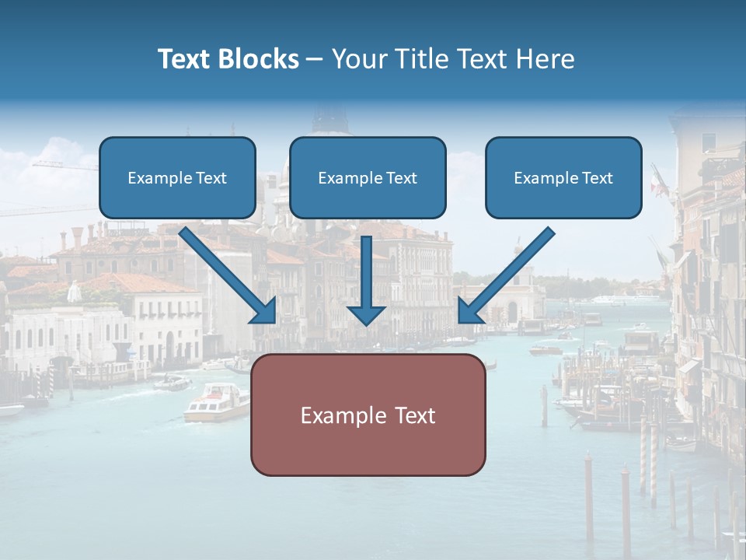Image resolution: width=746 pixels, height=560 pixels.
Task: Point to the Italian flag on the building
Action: click(x=659, y=182)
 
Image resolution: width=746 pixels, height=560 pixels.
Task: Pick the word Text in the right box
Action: click(x=597, y=178)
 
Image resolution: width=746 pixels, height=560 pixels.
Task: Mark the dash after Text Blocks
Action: click(x=315, y=59)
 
